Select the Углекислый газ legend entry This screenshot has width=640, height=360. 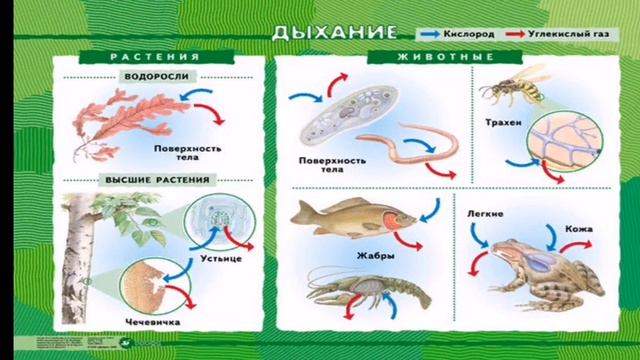566,32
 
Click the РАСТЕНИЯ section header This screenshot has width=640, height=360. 149,57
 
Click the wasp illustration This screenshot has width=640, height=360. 509,89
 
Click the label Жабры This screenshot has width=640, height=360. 376,256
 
